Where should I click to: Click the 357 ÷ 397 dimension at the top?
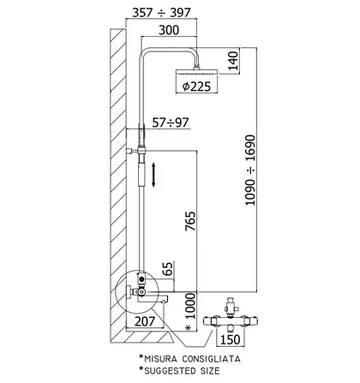click(x=161, y=12)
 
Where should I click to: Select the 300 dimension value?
click(x=169, y=30)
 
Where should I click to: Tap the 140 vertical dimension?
click(x=233, y=61)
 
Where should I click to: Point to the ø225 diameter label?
click(x=196, y=87)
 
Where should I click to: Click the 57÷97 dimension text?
click(x=171, y=123)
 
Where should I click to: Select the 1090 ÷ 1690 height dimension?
click(x=250, y=170)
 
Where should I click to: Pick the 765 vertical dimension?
click(x=190, y=221)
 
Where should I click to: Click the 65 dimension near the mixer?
click(x=168, y=268)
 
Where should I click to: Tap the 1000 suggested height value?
click(x=190, y=306)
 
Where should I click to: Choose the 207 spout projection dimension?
click(x=145, y=321)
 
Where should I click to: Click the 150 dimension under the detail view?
click(x=231, y=339)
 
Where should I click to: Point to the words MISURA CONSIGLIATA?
click(x=192, y=359)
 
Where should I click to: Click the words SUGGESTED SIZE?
click(x=182, y=371)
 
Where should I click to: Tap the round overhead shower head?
click(x=197, y=71)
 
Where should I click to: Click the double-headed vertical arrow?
click(x=153, y=175)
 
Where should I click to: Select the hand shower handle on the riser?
click(x=141, y=174)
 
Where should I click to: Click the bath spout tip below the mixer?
click(x=164, y=300)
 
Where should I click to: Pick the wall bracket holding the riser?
click(x=132, y=150)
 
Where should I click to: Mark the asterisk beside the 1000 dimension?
click(x=188, y=328)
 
